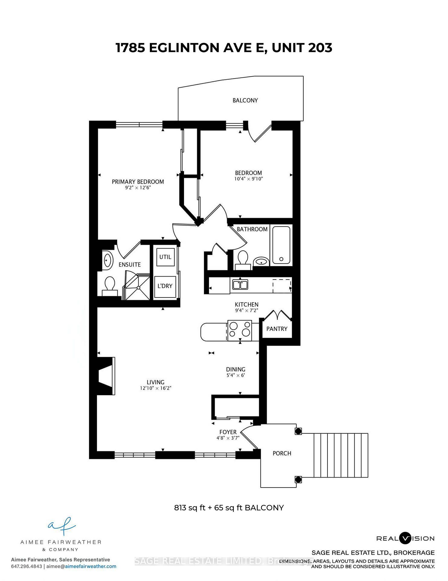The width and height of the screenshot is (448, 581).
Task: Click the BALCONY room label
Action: click(245, 100)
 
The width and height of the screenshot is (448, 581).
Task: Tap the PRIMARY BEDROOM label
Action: click(138, 182)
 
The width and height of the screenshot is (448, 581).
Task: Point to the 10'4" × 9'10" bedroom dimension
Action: click(249, 179)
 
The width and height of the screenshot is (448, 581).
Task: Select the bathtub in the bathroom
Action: click(281, 245)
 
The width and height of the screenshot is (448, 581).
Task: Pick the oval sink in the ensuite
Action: click(107, 260)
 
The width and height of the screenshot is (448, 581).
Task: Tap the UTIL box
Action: click(165, 257)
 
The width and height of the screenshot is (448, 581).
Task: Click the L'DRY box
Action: click(165, 286)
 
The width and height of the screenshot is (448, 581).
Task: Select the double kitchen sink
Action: click(240, 285)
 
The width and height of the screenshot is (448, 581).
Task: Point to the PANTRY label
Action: click(277, 329)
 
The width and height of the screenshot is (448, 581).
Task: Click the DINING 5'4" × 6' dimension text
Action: click(236, 376)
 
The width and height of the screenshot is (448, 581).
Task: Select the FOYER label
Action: click(228, 432)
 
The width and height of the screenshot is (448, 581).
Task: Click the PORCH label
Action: click(282, 453)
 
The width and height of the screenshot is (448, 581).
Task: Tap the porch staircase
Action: click(341, 455)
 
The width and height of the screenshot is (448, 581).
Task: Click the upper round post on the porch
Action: click(298, 431)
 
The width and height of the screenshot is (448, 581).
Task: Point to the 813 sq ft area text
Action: click(190, 507)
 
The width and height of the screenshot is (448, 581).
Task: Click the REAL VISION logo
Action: click(405, 538)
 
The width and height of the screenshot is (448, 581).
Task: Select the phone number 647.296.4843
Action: click(27, 566)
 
